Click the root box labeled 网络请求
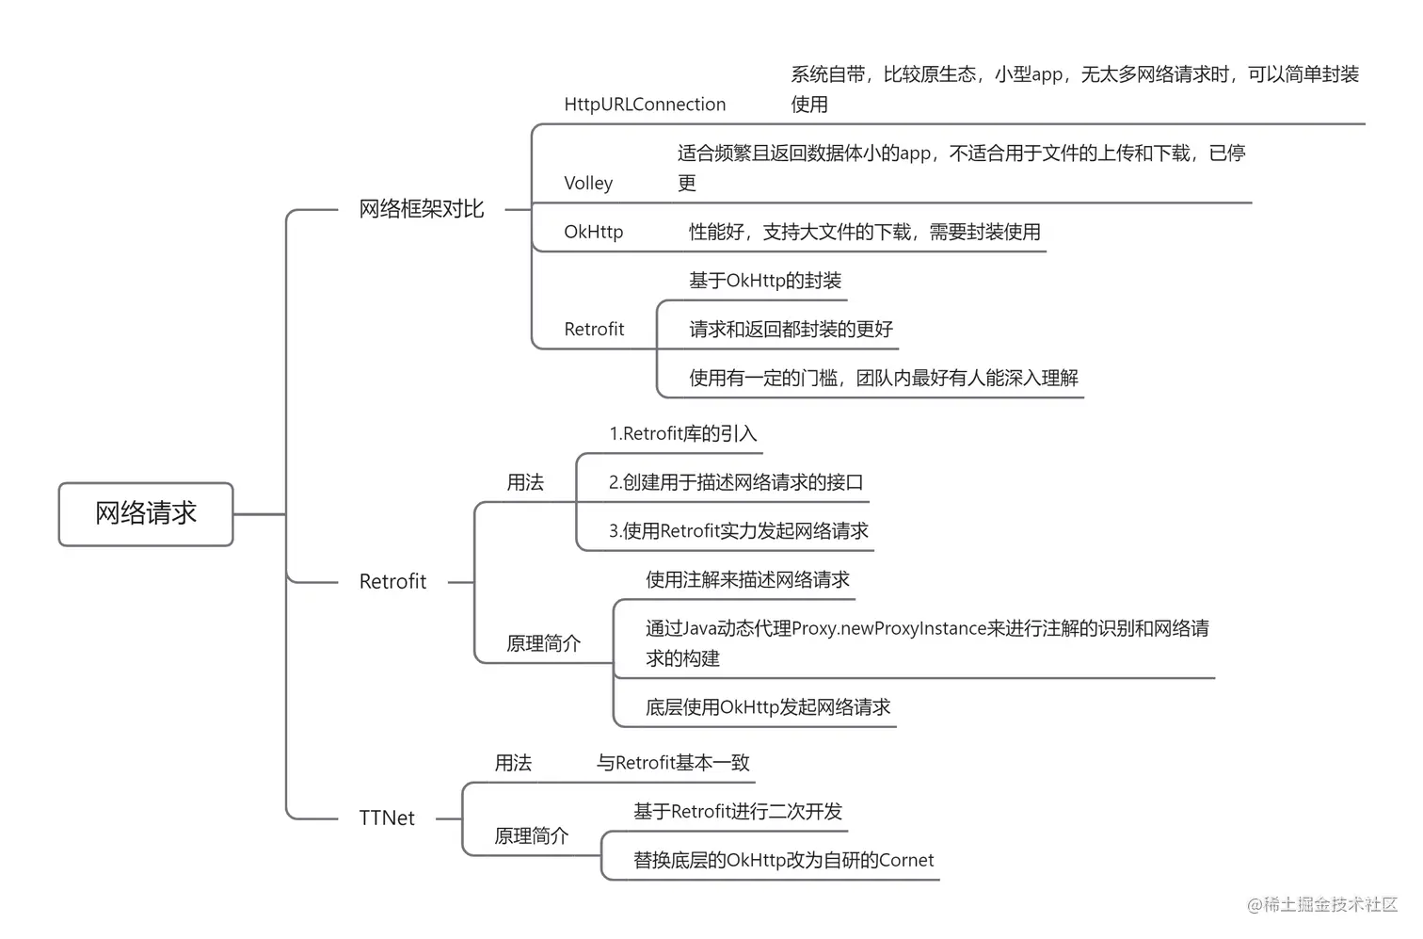146,513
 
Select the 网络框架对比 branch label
421,209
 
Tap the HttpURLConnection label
645,105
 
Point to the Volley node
588,184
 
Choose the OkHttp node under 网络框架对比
593,232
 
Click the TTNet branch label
386,818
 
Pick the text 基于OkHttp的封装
764,281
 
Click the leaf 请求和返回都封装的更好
791,330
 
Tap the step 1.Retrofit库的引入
682,434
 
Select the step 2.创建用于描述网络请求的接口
735,483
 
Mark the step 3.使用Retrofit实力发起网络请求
738,531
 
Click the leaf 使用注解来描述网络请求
747,580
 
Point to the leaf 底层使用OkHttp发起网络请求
767,707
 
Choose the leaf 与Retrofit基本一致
673,763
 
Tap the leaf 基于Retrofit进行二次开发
737,812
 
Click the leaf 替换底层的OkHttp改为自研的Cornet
783,860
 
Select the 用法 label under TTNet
513,763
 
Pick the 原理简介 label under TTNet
531,836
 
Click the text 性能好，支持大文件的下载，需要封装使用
864,232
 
